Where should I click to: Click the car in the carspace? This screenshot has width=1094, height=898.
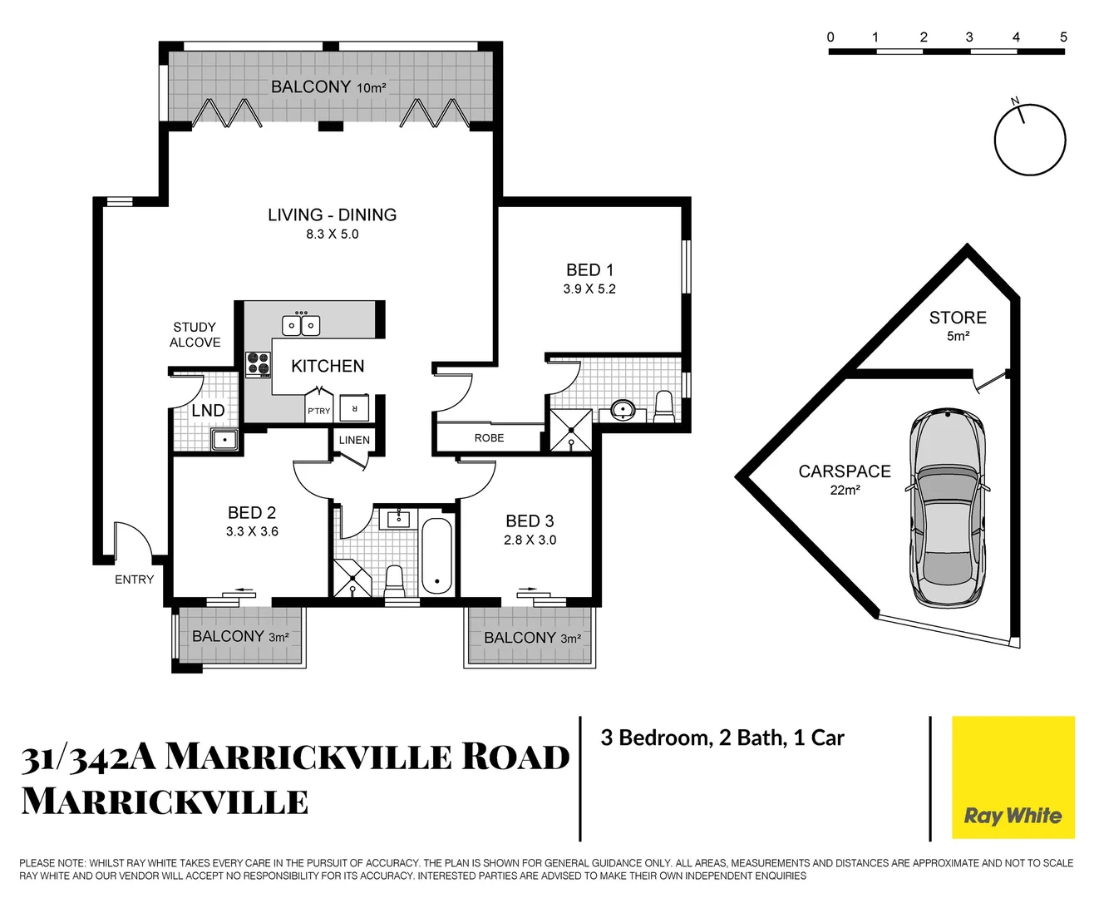[x=948, y=508]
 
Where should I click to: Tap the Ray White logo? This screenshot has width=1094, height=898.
[x=1013, y=816]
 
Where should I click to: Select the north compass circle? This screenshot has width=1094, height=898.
[x=1030, y=140]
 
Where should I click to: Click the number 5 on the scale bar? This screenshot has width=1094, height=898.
[x=1063, y=37]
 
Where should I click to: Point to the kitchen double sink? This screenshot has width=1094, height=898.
[x=301, y=325]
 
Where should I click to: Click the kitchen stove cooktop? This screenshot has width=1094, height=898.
[x=258, y=363]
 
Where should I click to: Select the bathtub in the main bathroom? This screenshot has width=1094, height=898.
[x=436, y=555]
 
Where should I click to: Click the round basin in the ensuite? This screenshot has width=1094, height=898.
[x=623, y=410]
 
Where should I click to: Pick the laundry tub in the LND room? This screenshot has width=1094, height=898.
[x=224, y=439]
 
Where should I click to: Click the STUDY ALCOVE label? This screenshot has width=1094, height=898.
[x=195, y=334]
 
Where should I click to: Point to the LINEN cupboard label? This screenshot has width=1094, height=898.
[x=354, y=440]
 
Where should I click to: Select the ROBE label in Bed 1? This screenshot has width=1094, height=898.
[x=489, y=438]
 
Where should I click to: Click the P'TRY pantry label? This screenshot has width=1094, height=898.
[x=318, y=411]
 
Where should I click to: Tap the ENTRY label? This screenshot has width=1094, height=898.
[x=134, y=580]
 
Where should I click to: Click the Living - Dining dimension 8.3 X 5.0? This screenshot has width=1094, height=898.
[x=332, y=234]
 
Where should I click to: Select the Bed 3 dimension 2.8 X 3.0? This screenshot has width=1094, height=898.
[x=530, y=540]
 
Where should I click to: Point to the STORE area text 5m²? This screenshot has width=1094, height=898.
[x=958, y=336]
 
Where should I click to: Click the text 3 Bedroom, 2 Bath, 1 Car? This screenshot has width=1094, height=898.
[x=722, y=738]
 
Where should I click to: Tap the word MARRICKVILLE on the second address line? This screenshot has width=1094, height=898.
[x=165, y=802]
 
